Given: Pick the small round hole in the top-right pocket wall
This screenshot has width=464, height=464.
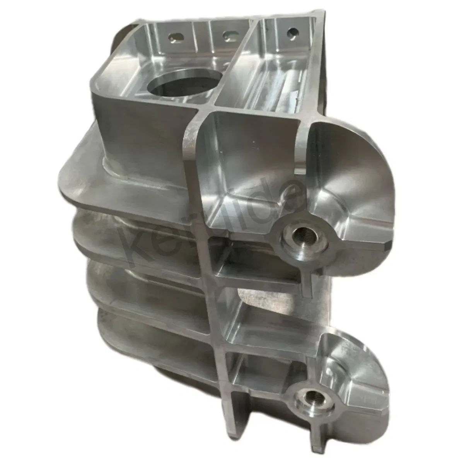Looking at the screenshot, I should pos(293,31).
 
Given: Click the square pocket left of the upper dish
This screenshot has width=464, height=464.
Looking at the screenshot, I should pos(247,170).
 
